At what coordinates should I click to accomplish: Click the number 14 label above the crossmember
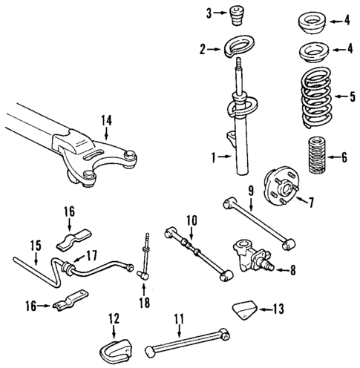point(107,120)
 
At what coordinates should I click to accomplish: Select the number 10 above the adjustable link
point(191,220)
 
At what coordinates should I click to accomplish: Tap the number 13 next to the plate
point(277,308)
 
